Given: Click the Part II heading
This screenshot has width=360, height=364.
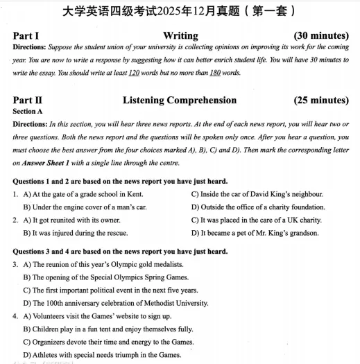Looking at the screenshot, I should click(28, 101).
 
